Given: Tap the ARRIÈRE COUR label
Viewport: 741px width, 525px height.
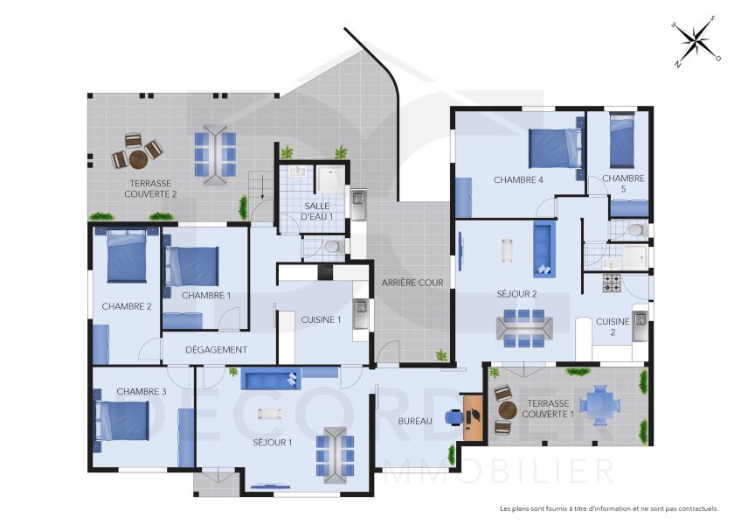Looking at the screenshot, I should click(x=412, y=283).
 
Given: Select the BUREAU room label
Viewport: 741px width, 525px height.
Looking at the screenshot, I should click(x=415, y=421).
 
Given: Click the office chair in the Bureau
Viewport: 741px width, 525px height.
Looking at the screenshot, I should click(x=453, y=417).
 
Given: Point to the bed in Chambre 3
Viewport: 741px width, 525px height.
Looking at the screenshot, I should click(x=121, y=420).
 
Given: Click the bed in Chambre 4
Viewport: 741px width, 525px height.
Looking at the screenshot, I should click(x=555, y=146).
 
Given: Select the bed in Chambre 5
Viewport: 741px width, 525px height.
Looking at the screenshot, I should click(x=621, y=141).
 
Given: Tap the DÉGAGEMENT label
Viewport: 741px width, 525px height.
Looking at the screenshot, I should click(x=218, y=349).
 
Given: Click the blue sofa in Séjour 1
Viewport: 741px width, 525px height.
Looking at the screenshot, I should click(x=270, y=379).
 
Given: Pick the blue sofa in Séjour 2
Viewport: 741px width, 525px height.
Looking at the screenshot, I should click(x=544, y=246).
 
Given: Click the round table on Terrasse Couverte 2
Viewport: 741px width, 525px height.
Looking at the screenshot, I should click(x=139, y=159).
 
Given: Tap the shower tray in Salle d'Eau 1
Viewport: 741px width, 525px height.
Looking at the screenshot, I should click(x=329, y=179).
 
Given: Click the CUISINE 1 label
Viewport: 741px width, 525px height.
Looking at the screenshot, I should click(x=321, y=319).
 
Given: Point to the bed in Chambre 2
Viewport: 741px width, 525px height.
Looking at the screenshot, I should click(x=127, y=256).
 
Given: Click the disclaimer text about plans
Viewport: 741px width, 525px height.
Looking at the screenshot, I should click(x=608, y=507).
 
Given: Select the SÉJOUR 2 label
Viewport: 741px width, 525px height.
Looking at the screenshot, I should click(x=516, y=293).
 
